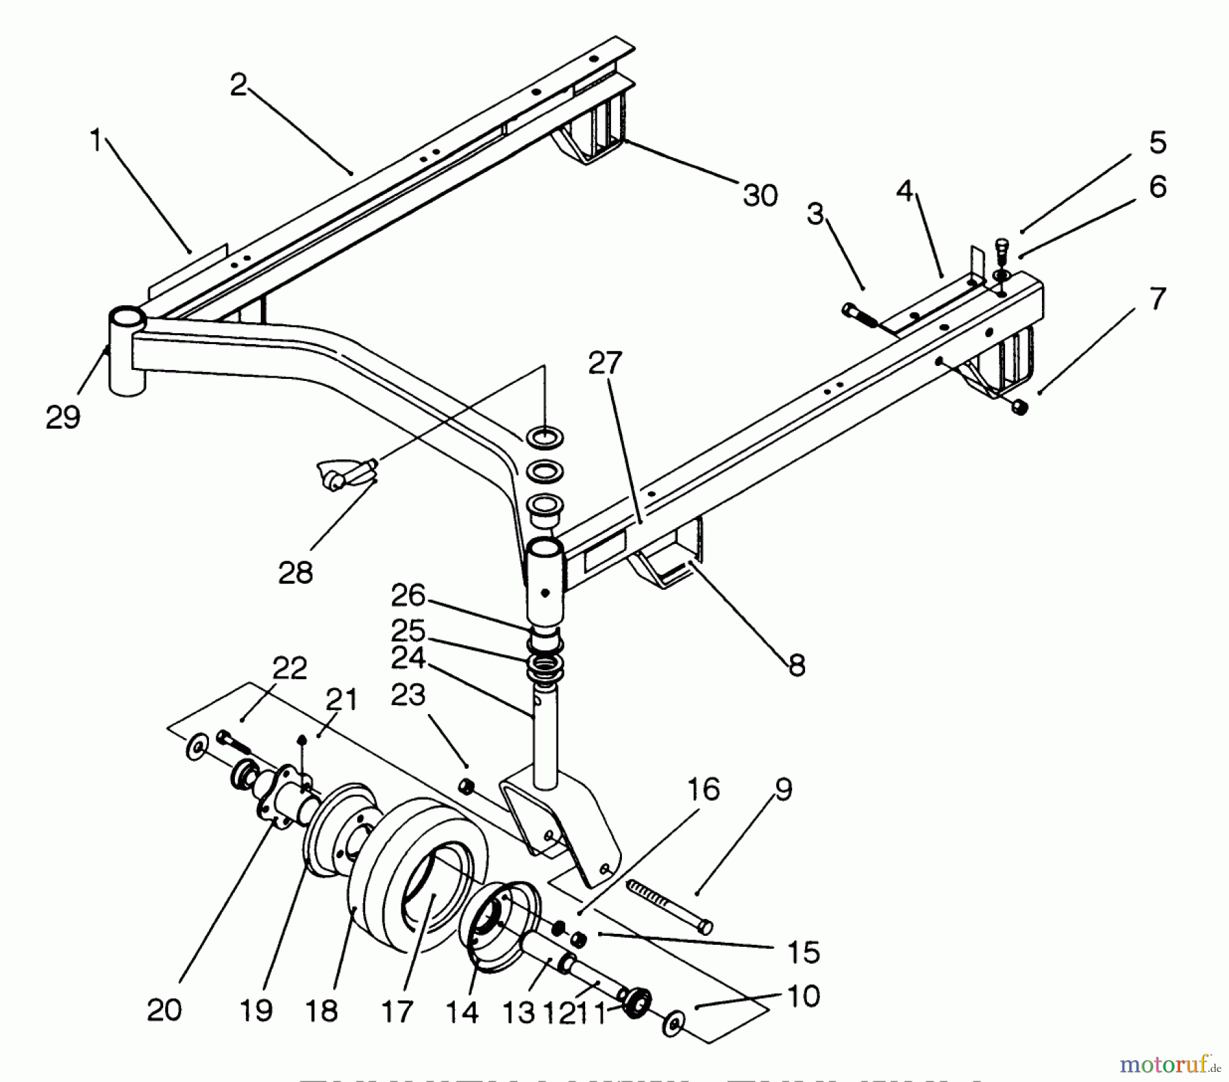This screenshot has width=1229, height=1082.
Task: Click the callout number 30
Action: coord(760,196)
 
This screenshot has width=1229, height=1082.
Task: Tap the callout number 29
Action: coord(63,417)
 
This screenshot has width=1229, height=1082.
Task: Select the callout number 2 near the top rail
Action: coord(238,85)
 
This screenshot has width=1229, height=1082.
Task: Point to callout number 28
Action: coord(296,573)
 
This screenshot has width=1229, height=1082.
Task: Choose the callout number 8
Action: coord(796,664)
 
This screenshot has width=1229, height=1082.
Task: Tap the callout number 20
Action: coord(164,1010)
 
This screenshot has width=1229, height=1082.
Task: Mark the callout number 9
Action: coord(783,790)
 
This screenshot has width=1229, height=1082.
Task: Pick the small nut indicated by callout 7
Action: coord(1020,408)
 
